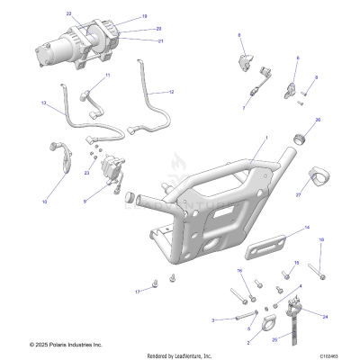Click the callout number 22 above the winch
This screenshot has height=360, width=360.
68,14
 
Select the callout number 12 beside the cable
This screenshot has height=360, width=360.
172,93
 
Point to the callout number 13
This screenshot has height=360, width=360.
43,104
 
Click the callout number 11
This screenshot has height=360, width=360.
107,75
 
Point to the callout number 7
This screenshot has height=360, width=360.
243,107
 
